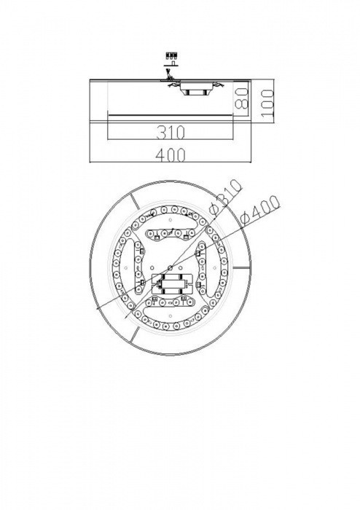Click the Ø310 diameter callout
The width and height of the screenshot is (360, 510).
pyautogui.click(x=223, y=195)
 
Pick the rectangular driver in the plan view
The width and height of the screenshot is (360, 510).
pyautogui.click(x=174, y=285)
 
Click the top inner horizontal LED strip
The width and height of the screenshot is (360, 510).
pyautogui.click(x=168, y=235)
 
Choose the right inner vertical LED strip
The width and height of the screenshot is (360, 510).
pyautogui.click(x=203, y=271)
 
